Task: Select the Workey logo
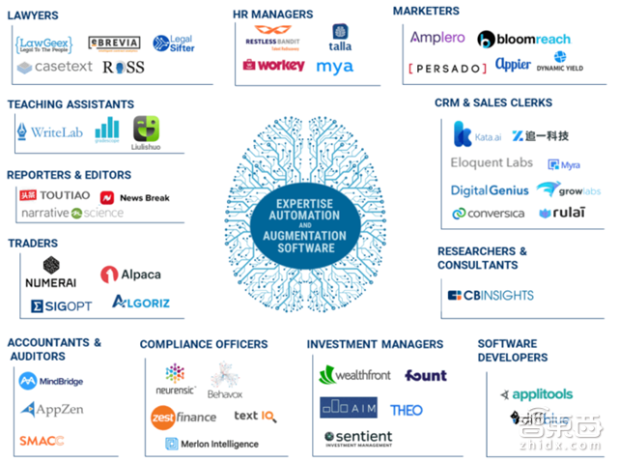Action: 273,66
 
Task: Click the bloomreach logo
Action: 523,40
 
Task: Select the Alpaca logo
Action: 130,275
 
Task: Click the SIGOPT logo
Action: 61,305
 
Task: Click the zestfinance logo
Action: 183,417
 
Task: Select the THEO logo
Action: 407,410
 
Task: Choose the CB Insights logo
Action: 490,295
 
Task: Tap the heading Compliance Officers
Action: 204,344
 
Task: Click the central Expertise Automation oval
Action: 311,227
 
